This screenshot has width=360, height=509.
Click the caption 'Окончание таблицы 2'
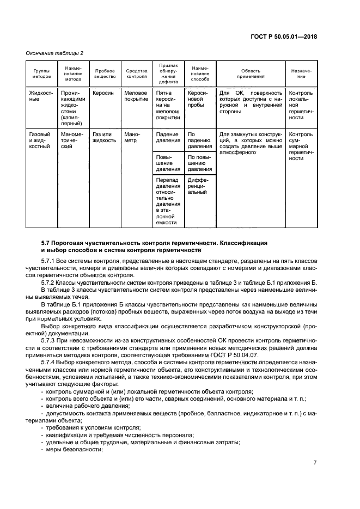54,53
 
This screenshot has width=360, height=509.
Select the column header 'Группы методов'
41,73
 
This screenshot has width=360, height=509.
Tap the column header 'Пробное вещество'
105,73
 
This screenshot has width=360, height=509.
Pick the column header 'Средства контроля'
137,73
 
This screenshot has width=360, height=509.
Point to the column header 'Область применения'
251,73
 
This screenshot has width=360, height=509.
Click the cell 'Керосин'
103,93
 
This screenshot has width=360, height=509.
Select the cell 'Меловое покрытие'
137,96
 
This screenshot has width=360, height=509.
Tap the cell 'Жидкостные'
41,96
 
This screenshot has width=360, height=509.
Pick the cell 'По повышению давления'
199,163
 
